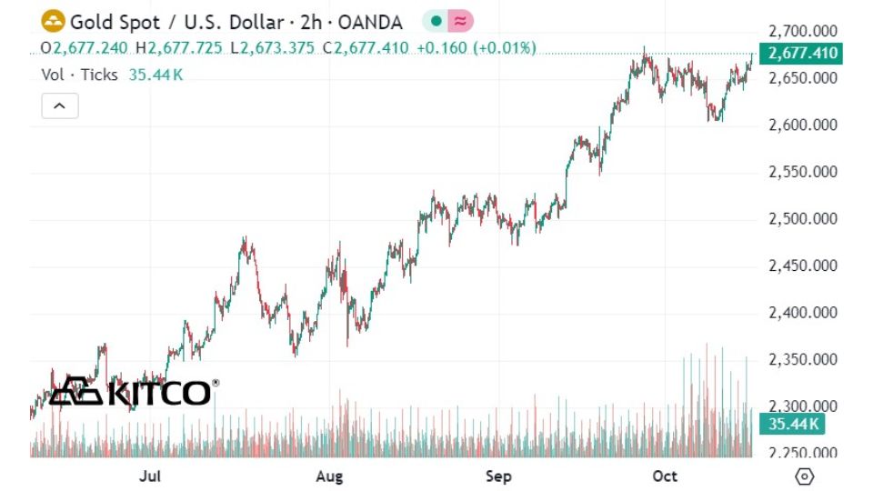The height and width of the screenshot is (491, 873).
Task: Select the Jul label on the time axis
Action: (152, 476)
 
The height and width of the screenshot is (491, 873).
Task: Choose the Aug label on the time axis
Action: (329, 476)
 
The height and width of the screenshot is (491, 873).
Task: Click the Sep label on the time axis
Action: (498, 476)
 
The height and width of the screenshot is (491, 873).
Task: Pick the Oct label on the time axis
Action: (666, 476)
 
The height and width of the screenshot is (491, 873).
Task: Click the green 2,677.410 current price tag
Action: (803, 54)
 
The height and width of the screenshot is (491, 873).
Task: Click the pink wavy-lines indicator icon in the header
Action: (461, 21)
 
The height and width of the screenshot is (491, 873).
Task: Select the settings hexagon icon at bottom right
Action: (804, 476)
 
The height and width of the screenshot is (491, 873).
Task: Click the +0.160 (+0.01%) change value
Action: (477, 47)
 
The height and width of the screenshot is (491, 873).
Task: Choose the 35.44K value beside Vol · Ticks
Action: (156, 75)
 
